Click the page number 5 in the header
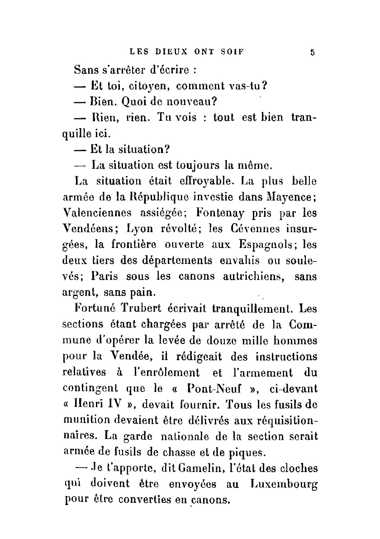coord(312,52)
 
